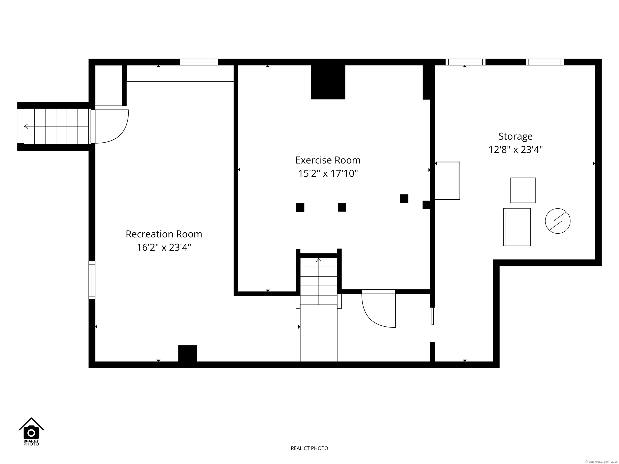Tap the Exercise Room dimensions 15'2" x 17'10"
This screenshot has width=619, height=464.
point(328,174)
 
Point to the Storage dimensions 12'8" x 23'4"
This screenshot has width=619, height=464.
point(515,150)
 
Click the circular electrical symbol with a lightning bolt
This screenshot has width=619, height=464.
point(558,221)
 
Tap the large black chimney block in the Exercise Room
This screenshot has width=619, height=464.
point(328,82)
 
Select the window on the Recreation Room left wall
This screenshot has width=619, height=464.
point(92,280)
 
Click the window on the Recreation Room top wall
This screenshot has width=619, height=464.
point(199,62)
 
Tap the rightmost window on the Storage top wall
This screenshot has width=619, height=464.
point(545,62)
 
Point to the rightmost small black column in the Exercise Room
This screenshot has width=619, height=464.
point(404,199)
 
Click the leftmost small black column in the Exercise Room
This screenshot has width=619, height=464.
point(300,207)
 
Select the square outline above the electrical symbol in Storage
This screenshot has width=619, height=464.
point(523,190)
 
